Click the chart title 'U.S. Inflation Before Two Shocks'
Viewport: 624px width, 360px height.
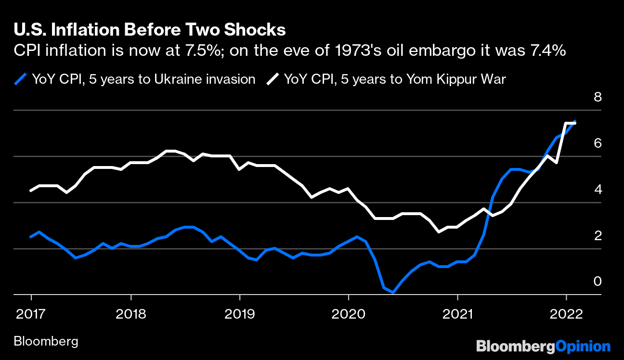click(150, 30)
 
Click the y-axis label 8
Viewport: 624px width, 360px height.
click(598, 97)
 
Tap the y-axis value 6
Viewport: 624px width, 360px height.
click(598, 143)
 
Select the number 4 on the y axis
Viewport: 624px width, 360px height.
click(598, 190)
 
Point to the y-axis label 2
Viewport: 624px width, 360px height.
click(598, 236)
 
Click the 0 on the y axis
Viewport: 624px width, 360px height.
click(598, 281)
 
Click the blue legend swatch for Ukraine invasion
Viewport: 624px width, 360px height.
click(20, 79)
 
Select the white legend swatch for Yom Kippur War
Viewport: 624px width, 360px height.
click(273, 79)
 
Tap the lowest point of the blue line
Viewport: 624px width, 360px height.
click(393, 292)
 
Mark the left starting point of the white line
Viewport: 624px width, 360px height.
click(31, 191)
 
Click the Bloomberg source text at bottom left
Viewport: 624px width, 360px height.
click(46, 342)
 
